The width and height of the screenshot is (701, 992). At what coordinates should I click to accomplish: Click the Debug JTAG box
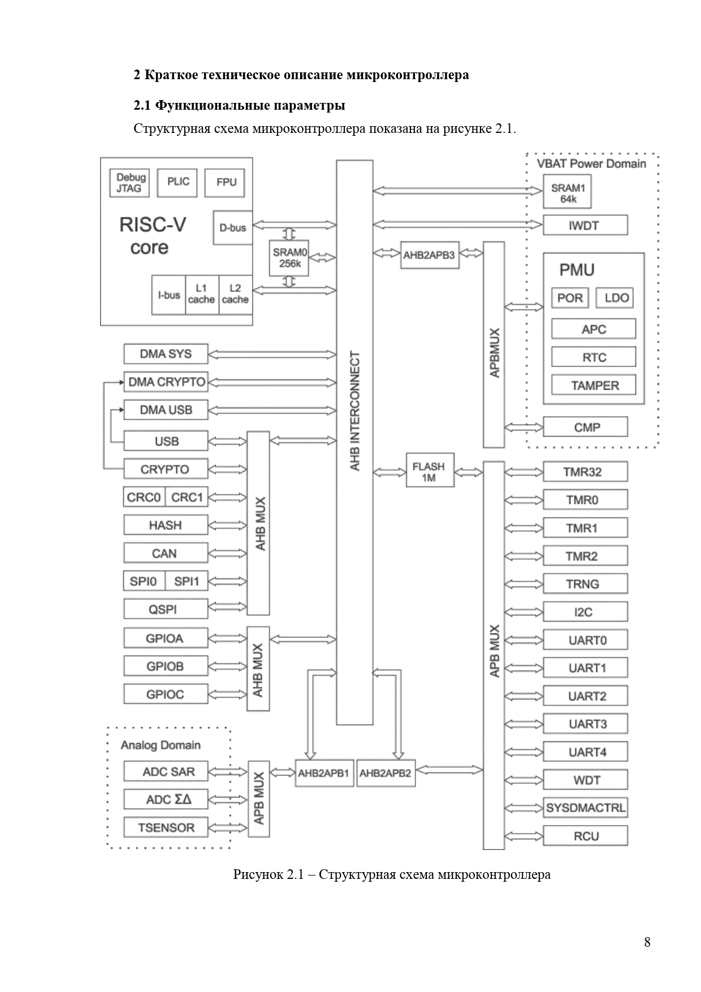click(x=129, y=183)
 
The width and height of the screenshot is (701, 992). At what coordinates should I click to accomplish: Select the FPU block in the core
click(x=226, y=183)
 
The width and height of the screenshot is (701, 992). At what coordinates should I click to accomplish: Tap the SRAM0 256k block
click(x=289, y=258)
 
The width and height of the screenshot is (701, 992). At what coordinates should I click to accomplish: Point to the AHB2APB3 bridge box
click(x=429, y=255)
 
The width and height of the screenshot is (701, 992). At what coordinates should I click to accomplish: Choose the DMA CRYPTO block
click(x=166, y=382)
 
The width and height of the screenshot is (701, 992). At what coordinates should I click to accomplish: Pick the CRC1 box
click(x=187, y=498)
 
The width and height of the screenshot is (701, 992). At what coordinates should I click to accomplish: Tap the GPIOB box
click(x=165, y=667)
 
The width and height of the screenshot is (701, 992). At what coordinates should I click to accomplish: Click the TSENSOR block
click(x=166, y=828)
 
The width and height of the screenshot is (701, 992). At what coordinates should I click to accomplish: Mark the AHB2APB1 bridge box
click(x=324, y=774)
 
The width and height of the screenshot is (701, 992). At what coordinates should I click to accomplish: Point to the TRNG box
click(x=585, y=584)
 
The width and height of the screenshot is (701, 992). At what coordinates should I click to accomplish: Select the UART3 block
click(x=585, y=724)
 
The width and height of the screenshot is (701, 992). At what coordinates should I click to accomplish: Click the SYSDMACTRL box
click(x=585, y=808)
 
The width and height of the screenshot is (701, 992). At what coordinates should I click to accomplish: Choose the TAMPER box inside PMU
click(x=594, y=386)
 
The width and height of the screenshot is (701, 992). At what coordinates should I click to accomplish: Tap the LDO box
click(x=615, y=298)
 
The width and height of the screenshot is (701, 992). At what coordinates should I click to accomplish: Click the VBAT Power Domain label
click(x=591, y=164)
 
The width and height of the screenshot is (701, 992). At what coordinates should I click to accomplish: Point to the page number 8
click(x=647, y=942)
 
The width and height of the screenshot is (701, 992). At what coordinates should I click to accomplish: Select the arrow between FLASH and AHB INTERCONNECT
click(x=390, y=471)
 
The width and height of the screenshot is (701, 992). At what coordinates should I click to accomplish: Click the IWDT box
click(x=585, y=226)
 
